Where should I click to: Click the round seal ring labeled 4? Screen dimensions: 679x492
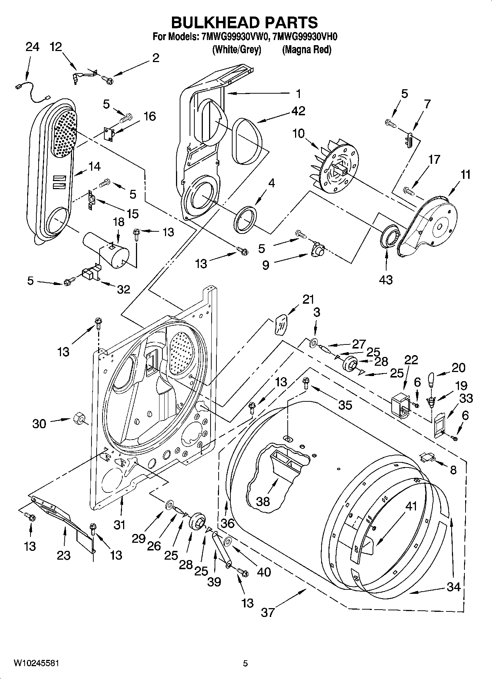click(x=245, y=219)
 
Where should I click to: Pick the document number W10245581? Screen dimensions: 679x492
click(x=36, y=663)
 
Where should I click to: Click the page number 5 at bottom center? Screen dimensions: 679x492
click(x=245, y=663)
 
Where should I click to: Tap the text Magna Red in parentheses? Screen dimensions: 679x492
click(x=306, y=50)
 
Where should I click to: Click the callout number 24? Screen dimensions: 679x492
click(x=32, y=47)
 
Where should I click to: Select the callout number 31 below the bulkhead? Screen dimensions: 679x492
click(x=119, y=525)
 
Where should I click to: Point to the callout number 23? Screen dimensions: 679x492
click(x=64, y=555)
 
